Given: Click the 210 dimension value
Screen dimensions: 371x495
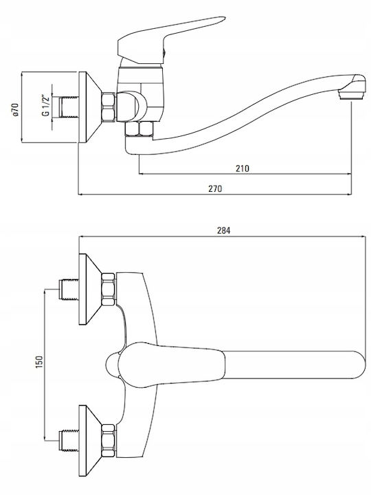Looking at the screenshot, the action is pyautogui.click(x=243, y=168).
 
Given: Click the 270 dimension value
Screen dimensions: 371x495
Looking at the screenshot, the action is pyautogui.click(x=215, y=188).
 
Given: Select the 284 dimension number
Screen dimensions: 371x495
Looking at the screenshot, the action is pyautogui.click(x=224, y=230).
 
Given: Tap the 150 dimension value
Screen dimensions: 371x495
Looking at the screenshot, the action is pyautogui.click(x=39, y=362).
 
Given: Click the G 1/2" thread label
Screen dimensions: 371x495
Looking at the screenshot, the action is pyautogui.click(x=46, y=105).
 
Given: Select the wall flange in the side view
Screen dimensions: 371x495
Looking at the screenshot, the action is pyautogui.click(x=89, y=107).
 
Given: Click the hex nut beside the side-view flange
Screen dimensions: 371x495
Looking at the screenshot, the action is pyautogui.click(x=109, y=107).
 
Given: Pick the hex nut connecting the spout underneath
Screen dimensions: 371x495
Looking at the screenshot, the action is pyautogui.click(x=139, y=129).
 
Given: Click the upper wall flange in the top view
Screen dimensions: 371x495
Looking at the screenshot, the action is pyautogui.click(x=89, y=289).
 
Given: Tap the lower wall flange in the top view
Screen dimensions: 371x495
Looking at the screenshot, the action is pyautogui.click(x=89, y=441).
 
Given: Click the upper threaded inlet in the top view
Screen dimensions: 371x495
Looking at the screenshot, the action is pyautogui.click(x=69, y=289).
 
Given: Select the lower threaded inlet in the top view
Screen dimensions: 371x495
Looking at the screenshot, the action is pyautogui.click(x=69, y=440).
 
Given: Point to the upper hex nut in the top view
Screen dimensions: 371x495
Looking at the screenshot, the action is pyautogui.click(x=109, y=289).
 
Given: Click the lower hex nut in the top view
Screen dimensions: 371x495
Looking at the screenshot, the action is pyautogui.click(x=109, y=441).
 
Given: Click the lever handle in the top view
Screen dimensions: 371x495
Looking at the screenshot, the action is pyautogui.click(x=171, y=364).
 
